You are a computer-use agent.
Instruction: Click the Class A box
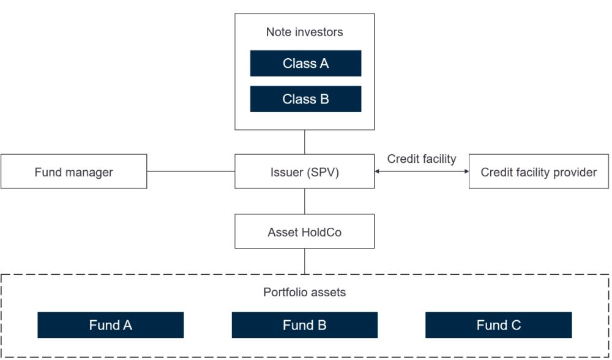point(305,63)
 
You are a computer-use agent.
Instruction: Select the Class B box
point(305,99)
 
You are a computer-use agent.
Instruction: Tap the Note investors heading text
point(304,32)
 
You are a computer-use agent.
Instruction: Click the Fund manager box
point(74,171)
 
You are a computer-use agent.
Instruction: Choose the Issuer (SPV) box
point(304,171)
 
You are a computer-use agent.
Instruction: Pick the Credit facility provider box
point(539,171)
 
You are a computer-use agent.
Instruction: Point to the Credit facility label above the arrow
point(422,159)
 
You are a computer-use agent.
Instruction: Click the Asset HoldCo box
point(304,231)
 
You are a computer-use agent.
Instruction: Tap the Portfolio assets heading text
point(304,292)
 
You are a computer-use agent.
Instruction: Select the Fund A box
point(110,325)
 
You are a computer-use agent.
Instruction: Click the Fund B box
point(304,325)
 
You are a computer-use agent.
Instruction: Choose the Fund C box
point(498,325)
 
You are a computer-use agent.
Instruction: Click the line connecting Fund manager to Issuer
point(191,171)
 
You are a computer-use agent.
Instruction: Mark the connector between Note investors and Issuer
point(304,142)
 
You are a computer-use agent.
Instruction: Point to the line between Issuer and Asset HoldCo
point(304,201)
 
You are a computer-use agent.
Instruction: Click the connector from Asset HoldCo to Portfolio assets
point(304,261)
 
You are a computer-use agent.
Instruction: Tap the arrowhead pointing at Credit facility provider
point(466,171)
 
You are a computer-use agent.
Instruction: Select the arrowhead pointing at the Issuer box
point(377,171)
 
